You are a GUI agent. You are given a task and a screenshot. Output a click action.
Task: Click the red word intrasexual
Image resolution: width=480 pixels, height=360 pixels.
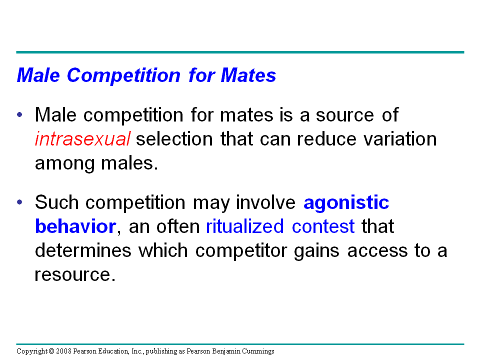pyautogui.click(x=82, y=138)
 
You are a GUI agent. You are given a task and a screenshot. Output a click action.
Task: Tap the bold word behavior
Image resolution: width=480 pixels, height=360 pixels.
pyautogui.click(x=75, y=226)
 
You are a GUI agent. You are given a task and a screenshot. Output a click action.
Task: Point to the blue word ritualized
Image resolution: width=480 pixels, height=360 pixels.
pyautogui.click(x=245, y=226)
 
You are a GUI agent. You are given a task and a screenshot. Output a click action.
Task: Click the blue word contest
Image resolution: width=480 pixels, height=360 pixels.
pyautogui.click(x=323, y=226)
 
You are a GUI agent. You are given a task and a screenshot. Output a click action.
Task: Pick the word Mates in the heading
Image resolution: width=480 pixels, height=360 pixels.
pyautogui.click(x=248, y=75)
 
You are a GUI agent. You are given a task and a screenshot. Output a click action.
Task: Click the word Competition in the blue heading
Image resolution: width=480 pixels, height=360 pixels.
pyautogui.click(x=123, y=76)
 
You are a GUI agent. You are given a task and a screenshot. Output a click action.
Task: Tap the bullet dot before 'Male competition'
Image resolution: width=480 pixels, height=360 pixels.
pyautogui.click(x=20, y=115)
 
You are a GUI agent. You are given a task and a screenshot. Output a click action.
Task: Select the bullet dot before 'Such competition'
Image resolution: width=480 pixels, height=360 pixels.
pyautogui.click(x=20, y=202)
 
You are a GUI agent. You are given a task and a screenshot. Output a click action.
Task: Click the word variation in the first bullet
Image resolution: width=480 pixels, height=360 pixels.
pyautogui.click(x=400, y=138)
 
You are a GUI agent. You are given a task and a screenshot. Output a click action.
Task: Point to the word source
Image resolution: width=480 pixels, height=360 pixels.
pyautogui.click(x=344, y=115)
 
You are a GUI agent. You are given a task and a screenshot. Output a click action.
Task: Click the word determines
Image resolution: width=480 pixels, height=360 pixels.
pyautogui.click(x=83, y=250)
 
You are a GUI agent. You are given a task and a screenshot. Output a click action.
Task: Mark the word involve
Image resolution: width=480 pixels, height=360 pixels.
pyautogui.click(x=265, y=202)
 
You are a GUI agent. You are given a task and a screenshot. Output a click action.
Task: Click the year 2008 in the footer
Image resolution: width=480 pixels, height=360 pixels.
pyautogui.click(x=63, y=351)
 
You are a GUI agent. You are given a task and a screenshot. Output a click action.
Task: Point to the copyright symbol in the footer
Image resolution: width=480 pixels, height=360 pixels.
pyautogui.click(x=51, y=351)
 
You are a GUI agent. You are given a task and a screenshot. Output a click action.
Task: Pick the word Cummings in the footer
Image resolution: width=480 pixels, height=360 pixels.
pyautogui.click(x=258, y=351)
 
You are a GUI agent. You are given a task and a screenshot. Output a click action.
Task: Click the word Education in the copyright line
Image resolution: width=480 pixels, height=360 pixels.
pyautogui.click(x=114, y=351)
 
